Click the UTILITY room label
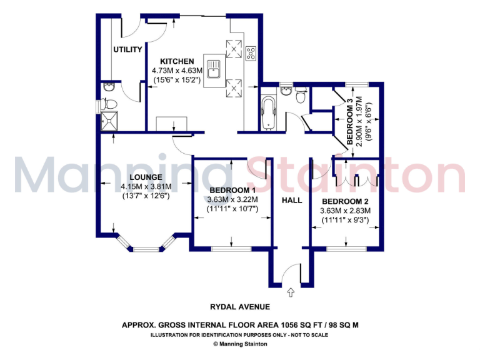coord(127,49)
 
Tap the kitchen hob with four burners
coord(251,54)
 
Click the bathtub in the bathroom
coord(269,112)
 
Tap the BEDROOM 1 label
coord(232,191)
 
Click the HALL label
coord(291,201)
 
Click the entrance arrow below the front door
coord(291,291)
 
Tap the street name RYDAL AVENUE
coord(240,307)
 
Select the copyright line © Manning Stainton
coord(240,344)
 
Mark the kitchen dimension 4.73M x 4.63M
coord(176,71)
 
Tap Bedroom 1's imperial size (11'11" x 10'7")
coord(232,209)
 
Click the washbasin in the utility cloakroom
coord(110,87)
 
